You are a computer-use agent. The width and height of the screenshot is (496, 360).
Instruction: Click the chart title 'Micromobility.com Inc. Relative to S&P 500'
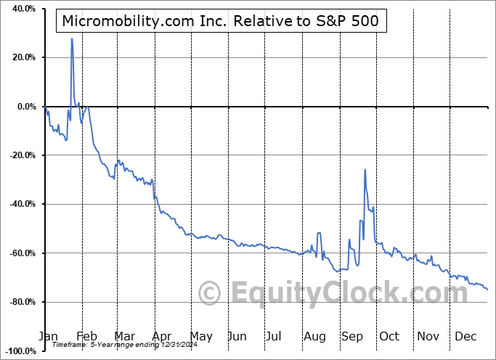[x=221, y=20]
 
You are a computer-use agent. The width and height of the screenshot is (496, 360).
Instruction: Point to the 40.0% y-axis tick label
[x=23, y=9]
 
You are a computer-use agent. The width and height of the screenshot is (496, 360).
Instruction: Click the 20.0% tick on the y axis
[x=23, y=57]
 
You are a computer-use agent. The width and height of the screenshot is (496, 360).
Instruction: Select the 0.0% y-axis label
[x=25, y=107]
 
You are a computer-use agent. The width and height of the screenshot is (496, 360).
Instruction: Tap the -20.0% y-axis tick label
[x=21, y=155]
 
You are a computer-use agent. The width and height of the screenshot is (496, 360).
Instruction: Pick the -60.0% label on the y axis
[x=21, y=253]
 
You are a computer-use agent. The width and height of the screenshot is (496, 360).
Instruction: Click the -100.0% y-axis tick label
[x=19, y=351]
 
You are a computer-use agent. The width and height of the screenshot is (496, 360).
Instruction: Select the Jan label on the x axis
[x=48, y=336]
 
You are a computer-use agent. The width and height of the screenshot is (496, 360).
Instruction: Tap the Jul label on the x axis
[x=274, y=336]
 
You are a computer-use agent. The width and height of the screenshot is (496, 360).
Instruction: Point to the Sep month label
[x=352, y=336]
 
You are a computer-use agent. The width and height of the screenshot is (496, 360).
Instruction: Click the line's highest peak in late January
[x=72, y=38]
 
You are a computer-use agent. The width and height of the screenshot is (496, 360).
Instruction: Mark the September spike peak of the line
[x=365, y=169]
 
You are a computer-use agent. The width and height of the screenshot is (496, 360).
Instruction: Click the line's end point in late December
[x=487, y=290]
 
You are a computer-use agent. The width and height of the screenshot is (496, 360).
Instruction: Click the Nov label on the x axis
[x=428, y=336]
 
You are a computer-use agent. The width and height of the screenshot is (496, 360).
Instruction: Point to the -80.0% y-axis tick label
[x=21, y=302]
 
